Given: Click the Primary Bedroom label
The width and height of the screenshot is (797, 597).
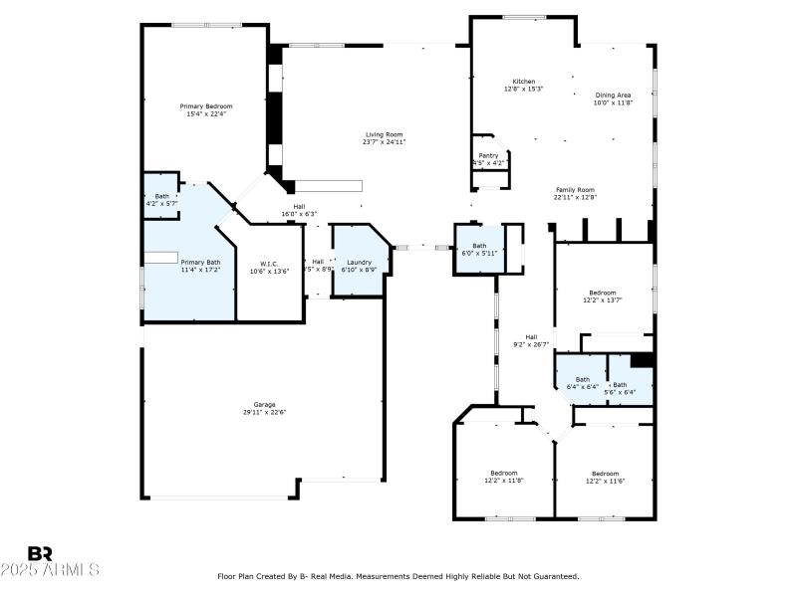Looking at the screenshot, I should pyautogui.click(x=206, y=106).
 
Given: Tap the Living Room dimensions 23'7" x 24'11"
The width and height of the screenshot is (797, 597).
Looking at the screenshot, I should pyautogui.click(x=385, y=142).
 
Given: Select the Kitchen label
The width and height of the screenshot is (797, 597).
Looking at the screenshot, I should pyautogui.click(x=524, y=82).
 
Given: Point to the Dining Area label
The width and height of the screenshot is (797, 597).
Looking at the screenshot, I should pyautogui.click(x=613, y=95).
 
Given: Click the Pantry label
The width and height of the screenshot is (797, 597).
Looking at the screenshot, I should pyautogui.click(x=488, y=155).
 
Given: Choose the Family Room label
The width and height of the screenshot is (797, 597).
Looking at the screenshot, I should pyautogui.click(x=575, y=189).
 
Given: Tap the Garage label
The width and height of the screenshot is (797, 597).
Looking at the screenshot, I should pyautogui.click(x=264, y=404).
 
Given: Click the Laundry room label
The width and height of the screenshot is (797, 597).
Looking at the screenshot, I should pyautogui.click(x=359, y=262).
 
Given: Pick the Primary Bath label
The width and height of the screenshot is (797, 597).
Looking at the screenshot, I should pyautogui.click(x=200, y=262).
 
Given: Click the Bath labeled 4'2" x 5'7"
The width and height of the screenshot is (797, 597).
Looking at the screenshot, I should pyautogui.click(x=161, y=196).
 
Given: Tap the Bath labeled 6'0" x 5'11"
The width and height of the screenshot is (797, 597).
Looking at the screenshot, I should pyautogui.click(x=479, y=245).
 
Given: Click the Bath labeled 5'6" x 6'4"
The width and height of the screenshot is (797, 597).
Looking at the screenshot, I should pyautogui.click(x=621, y=385).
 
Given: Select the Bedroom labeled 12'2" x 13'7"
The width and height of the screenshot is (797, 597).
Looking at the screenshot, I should pyautogui.click(x=602, y=293).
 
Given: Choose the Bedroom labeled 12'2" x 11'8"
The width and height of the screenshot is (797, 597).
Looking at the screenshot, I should pyautogui.click(x=503, y=473).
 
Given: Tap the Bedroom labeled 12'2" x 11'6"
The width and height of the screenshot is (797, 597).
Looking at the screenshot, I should pyautogui.click(x=605, y=473).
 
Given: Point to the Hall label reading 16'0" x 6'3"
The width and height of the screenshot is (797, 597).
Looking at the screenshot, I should pyautogui.click(x=299, y=206).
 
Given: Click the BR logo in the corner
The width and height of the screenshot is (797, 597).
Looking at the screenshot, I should pyautogui.click(x=40, y=553).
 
